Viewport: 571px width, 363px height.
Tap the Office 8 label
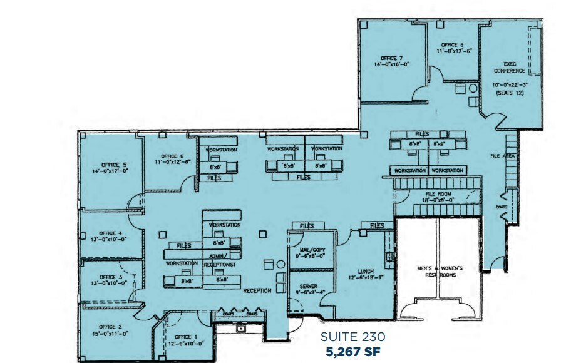point(452,45)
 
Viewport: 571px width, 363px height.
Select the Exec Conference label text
point(509,66)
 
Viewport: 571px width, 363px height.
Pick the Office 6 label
point(172,156)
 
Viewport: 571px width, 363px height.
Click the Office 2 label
point(110,327)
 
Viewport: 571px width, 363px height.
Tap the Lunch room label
point(366,271)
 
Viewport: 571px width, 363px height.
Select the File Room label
point(438,195)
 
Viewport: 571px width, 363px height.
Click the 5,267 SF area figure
point(352,351)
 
